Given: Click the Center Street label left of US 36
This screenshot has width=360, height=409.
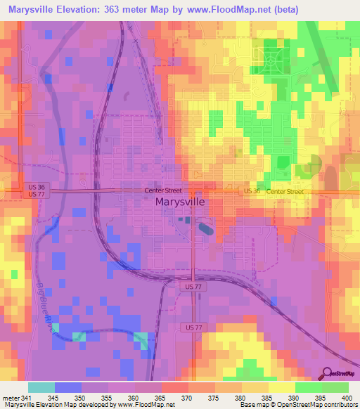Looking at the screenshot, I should [163, 190].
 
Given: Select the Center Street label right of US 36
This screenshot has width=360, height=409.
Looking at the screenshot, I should [285, 191].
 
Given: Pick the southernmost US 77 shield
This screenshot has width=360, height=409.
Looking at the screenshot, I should [195, 328].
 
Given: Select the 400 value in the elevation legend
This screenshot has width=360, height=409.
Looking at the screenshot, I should [344, 398].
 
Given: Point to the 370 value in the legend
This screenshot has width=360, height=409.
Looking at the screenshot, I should [187, 398].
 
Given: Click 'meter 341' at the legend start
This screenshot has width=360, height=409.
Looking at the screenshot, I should [15, 398].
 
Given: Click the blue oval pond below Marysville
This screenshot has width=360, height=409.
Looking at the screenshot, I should [206, 228].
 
